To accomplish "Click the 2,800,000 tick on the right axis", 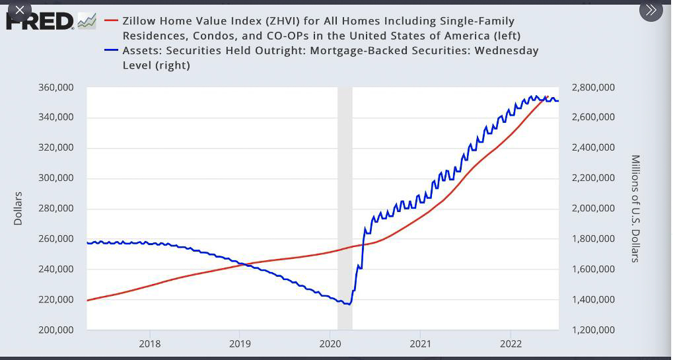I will point(593,88).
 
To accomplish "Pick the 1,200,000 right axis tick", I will point(593,330).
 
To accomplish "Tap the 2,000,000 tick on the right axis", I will point(593,209).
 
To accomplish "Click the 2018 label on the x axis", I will point(150,343).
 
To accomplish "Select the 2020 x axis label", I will point(330,343).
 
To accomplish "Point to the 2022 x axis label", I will point(511,343).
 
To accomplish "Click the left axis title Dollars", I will point(18,208).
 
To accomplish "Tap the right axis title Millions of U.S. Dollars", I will point(635,208).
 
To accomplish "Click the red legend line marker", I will point(110,21).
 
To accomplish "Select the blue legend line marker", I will point(110,51).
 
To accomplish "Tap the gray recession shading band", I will point(345,198).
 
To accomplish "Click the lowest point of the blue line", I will point(348,304).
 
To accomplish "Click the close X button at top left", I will point(19,10).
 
